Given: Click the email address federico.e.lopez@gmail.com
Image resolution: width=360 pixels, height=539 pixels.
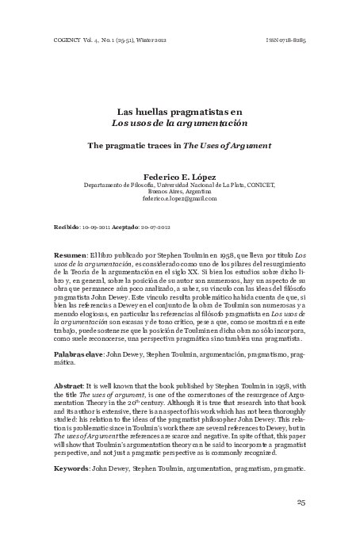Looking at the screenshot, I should (x=179, y=198).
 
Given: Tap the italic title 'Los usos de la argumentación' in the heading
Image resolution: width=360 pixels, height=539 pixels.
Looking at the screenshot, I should (x=179, y=125).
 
